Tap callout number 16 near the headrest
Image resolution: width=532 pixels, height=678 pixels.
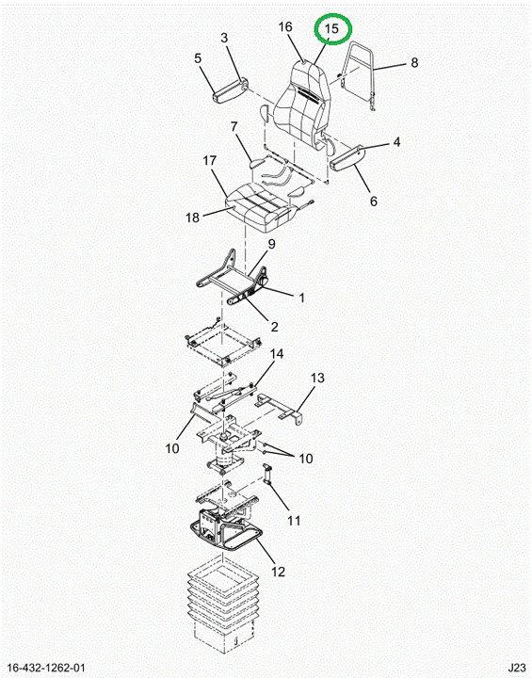(285, 27)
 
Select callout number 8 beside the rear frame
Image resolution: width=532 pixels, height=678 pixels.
(414, 63)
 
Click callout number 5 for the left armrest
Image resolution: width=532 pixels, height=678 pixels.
(198, 58)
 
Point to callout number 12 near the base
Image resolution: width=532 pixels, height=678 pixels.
(279, 572)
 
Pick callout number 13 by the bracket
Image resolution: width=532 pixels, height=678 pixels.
(317, 378)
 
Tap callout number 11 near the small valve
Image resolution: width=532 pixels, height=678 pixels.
(294, 521)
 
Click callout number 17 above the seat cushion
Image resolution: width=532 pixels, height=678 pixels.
(210, 161)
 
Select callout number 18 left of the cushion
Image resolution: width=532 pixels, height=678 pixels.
(192, 218)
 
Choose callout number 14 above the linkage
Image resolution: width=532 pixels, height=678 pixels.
(277, 354)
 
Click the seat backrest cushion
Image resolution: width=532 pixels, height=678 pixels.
(303, 105)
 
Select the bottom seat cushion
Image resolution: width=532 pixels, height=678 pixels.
(262, 207)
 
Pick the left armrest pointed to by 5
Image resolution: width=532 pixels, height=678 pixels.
(230, 90)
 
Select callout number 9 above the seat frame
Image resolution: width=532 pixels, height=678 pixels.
(271, 244)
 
